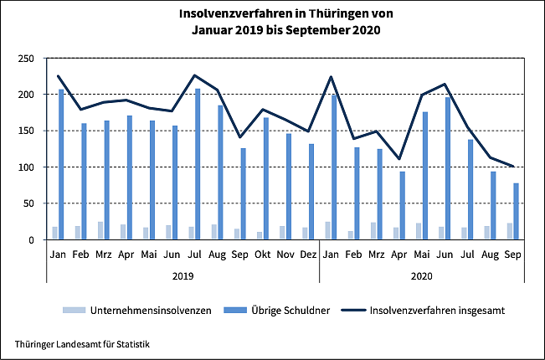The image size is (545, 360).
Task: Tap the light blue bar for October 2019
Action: (x=260, y=235)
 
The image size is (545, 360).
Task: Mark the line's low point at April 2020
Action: (x=399, y=159)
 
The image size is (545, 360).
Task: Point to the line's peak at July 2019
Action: (x=194, y=75)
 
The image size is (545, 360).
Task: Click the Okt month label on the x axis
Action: (x=263, y=253)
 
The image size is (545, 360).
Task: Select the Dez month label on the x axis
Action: (x=308, y=253)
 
